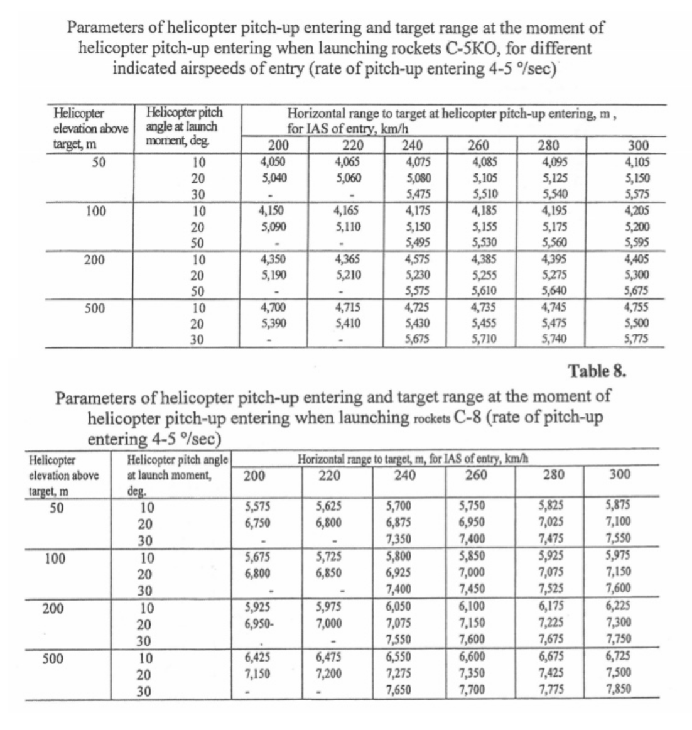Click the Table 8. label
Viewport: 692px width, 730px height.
(x=597, y=371)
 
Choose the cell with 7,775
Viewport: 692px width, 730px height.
(x=551, y=690)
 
